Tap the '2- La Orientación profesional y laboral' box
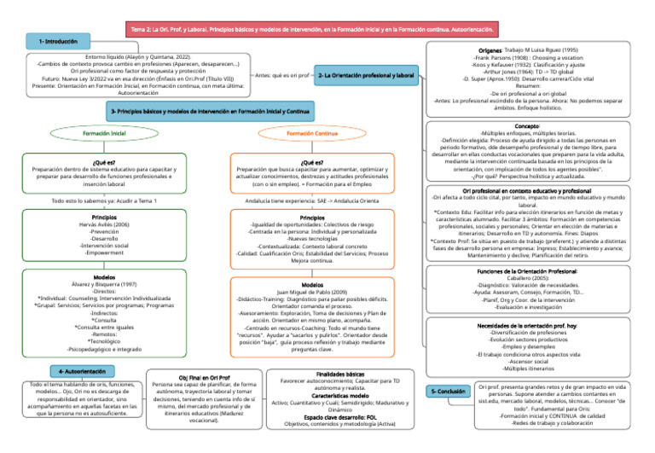(366, 76)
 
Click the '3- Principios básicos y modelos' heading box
(210, 111)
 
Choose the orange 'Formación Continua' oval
(311, 134)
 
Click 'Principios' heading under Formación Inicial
(105, 218)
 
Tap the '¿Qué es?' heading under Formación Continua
(312, 161)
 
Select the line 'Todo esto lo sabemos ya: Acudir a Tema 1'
(105, 200)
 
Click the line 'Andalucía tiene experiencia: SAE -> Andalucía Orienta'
(312, 201)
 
